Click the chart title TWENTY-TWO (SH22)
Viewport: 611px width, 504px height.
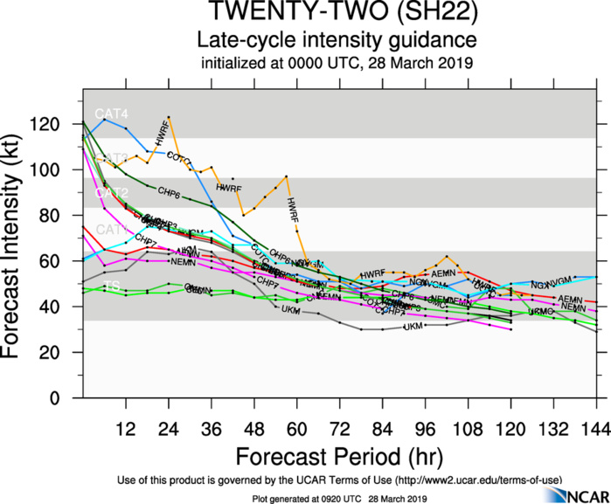click(x=336, y=16)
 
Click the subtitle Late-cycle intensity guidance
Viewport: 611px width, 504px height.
click(x=336, y=40)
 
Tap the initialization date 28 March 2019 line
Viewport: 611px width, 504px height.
click(x=336, y=63)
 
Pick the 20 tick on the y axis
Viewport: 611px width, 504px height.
click(x=62, y=353)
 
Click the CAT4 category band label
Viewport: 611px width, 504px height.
click(x=111, y=113)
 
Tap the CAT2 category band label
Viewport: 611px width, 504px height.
click(x=111, y=192)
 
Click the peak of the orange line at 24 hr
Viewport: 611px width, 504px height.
click(x=168, y=117)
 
